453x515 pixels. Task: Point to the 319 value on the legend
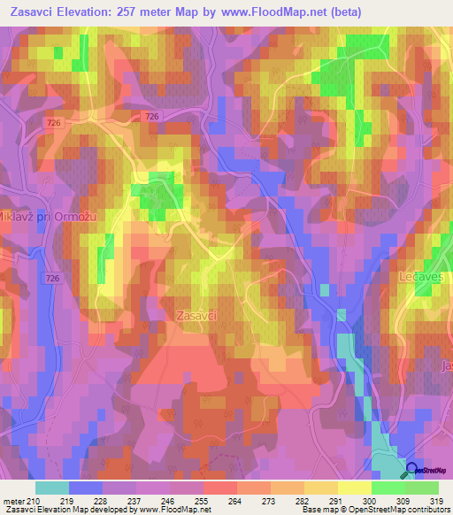pos(437,500)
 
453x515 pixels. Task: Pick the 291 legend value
pos(337,500)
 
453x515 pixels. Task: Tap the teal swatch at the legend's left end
pos(52,488)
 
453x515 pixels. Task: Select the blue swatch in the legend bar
pos(86,488)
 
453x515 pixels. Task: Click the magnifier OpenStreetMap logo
pos(412,471)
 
